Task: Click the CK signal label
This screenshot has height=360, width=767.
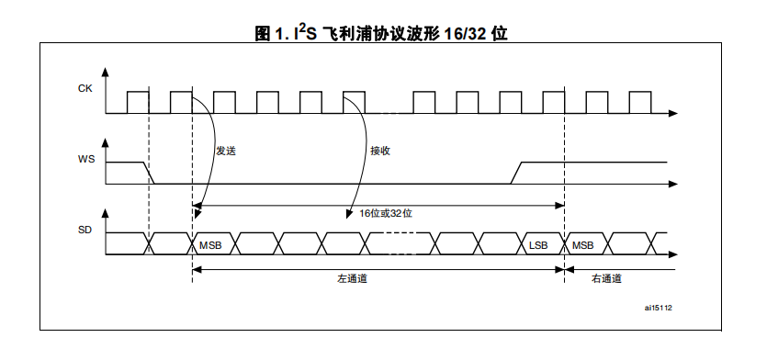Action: [85, 88]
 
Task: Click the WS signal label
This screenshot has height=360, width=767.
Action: [86, 160]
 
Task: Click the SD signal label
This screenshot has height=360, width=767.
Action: [85, 230]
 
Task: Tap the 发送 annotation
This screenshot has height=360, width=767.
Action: [226, 151]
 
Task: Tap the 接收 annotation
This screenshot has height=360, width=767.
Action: [380, 151]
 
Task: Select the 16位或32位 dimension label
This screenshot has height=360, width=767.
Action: [386, 213]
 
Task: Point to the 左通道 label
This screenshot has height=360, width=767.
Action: [352, 279]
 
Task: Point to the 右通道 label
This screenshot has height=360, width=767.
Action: [606, 279]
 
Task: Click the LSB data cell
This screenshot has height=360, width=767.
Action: [538, 245]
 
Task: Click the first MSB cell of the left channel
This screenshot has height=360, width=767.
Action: [210, 245]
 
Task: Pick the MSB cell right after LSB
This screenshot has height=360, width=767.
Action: [583, 245]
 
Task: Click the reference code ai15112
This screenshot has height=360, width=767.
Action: [658, 308]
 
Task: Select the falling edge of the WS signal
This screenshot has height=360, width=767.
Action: [149, 173]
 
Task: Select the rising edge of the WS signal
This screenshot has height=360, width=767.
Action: [516, 173]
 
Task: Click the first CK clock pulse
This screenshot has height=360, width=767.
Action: [138, 102]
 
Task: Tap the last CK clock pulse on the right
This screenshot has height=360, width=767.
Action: [640, 102]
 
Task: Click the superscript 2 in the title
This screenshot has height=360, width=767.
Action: [302, 28]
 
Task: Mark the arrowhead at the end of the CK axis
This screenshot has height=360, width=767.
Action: [673, 114]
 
